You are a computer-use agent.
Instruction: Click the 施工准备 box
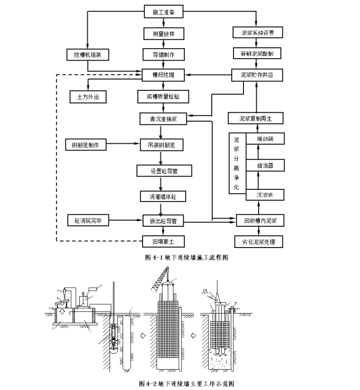(x=164, y=12)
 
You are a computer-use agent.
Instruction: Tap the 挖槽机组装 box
(x=88, y=54)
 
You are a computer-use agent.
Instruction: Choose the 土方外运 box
(x=88, y=97)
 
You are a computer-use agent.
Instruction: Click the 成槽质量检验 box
(x=164, y=97)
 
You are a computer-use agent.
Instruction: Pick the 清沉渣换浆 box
(x=164, y=118)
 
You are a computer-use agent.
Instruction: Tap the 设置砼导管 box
(x=164, y=170)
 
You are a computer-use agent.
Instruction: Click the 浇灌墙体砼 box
(x=164, y=195)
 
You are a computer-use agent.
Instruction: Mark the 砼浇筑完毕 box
(x=88, y=221)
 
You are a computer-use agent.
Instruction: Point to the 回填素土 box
(x=164, y=242)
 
